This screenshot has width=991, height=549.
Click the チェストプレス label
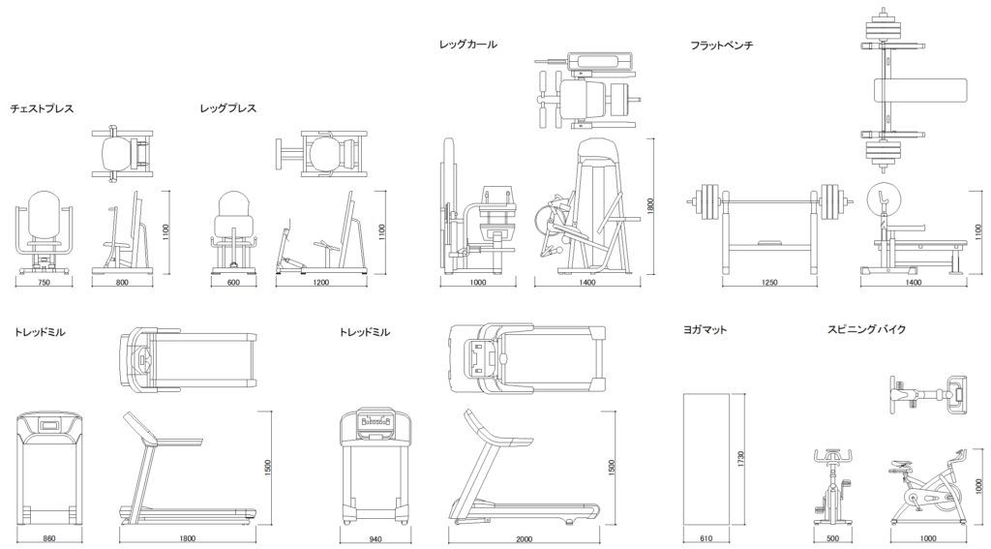(x=42, y=108)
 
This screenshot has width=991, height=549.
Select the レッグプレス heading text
(x=227, y=108)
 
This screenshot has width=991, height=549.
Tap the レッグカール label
(x=467, y=45)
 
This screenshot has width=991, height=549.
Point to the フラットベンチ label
(x=721, y=46)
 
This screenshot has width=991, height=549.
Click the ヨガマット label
(x=705, y=330)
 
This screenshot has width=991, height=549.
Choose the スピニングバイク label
(x=866, y=330)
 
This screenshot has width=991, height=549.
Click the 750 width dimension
(x=44, y=283)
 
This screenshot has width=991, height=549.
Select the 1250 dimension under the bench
(x=769, y=283)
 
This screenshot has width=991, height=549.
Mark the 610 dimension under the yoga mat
(x=706, y=538)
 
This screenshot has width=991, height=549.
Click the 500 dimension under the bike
(x=833, y=538)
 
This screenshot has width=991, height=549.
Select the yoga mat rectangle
(x=706, y=460)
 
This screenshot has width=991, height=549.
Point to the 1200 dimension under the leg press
(x=320, y=283)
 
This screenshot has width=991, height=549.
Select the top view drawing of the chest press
(x=122, y=153)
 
